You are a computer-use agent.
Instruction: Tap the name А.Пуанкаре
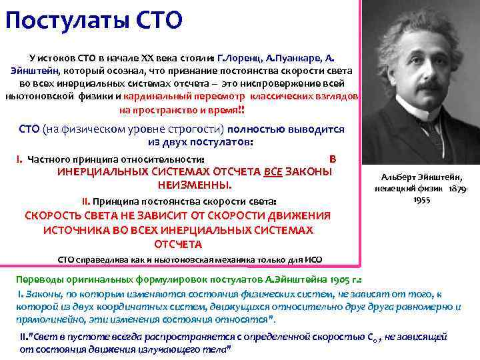click(x=297, y=59)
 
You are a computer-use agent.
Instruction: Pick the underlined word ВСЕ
click(x=273, y=171)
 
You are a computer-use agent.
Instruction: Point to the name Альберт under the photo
click(x=399, y=177)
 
